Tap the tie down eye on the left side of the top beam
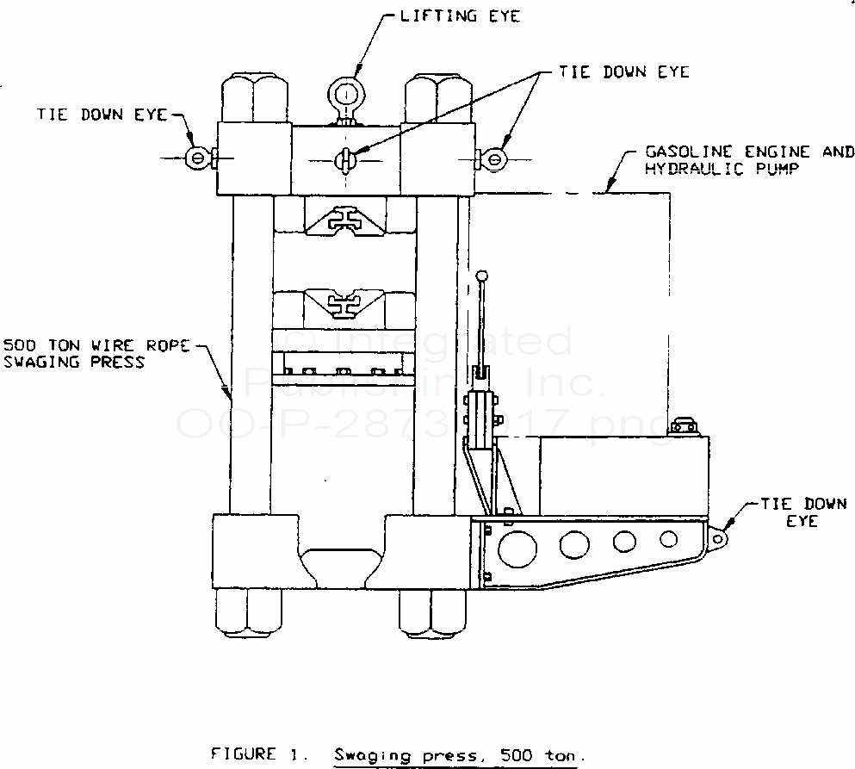tap(197, 158)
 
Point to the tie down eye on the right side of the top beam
tap(494, 158)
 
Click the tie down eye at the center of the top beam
tap(344, 159)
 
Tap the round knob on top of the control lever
tap(483, 276)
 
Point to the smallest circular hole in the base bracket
tap(668, 539)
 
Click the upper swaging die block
tap(344, 218)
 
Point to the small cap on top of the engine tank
tap(684, 425)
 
